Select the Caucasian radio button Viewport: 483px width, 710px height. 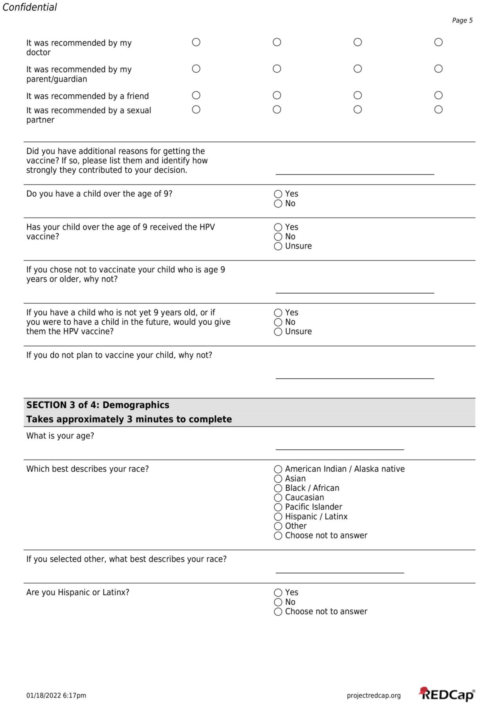[278, 498]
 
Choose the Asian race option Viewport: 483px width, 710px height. [278, 479]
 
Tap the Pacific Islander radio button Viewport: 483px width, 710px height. [278, 507]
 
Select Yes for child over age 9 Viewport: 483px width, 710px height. [278, 194]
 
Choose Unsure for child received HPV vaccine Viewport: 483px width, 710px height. [278, 246]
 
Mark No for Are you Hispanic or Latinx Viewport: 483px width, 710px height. [278, 602]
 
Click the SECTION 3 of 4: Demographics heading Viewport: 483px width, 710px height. [98, 405]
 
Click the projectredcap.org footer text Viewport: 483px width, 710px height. [373, 696]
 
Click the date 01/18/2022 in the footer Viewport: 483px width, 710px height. [43, 696]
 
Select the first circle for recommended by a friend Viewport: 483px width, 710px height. [196, 95]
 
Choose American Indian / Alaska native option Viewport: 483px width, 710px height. [278, 469]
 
